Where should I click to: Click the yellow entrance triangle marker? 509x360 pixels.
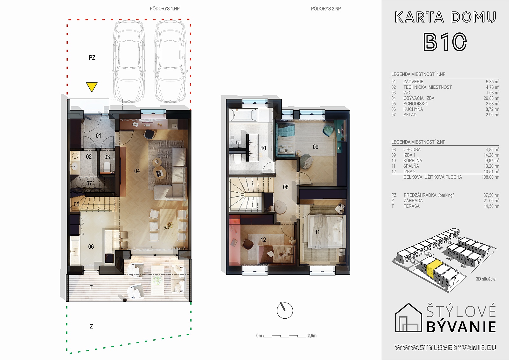coord(92,87)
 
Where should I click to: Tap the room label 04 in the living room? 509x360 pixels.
coord(137,171)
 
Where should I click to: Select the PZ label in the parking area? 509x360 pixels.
coord(92,58)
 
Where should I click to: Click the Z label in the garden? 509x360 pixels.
coord(91,326)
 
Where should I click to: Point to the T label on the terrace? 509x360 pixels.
coord(91,287)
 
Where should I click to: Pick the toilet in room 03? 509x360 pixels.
coord(107,167)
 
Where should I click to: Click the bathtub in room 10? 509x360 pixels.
coord(244,115)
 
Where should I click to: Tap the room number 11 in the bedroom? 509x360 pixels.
coord(317,232)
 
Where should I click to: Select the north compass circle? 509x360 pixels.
coord(285,310)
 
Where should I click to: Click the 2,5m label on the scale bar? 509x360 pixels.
coord(312,336)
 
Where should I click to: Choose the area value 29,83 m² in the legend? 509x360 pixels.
coord(491,98)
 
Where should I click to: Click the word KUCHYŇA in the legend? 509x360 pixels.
coord(413,109)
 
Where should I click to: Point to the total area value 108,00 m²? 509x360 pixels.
coord(490,177)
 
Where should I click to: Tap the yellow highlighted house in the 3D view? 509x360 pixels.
coord(434,270)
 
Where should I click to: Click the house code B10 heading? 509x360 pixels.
coord(445,42)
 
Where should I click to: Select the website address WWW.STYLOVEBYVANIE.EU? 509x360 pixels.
coord(445,348)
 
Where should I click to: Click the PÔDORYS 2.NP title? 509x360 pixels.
coord(326,9)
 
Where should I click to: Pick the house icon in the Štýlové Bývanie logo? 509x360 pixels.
coord(408,317)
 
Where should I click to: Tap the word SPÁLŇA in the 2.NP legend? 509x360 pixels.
coord(411,166)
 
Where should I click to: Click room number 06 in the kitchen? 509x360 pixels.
coord(91,247)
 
